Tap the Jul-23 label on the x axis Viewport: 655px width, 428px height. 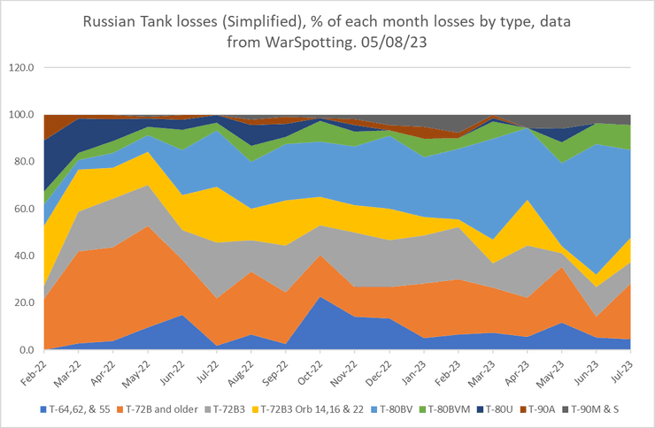click(x=622, y=371)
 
